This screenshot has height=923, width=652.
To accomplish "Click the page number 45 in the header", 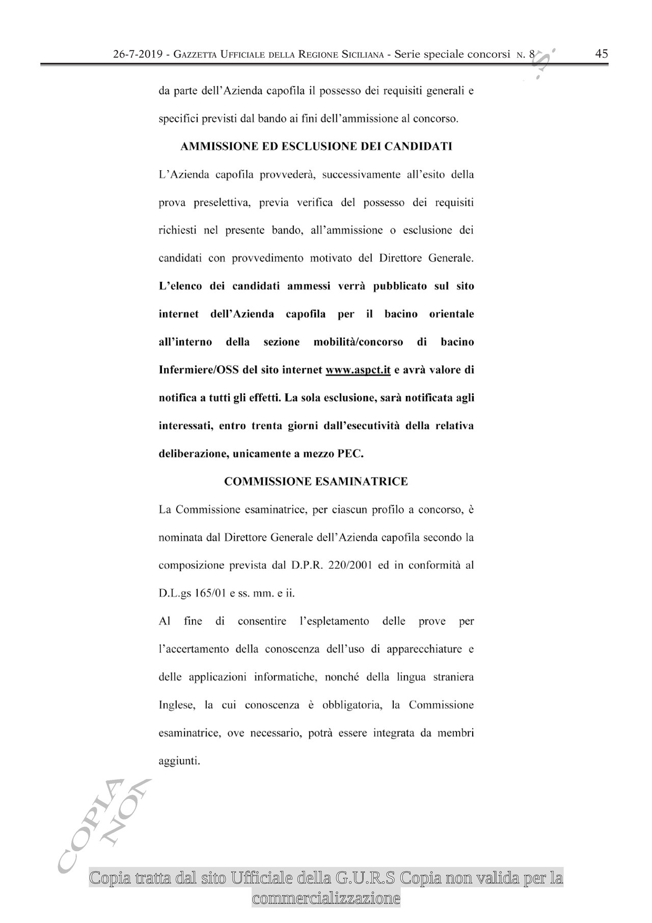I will click(602, 54).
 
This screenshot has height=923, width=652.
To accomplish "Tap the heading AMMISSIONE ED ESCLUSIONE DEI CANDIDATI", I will click(316, 147).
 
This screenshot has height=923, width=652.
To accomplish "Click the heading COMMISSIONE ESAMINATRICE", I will click(316, 482).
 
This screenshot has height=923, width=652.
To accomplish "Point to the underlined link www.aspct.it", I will click(358, 370).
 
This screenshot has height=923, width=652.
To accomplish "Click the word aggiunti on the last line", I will click(179, 761).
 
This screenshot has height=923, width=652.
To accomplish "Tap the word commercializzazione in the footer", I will click(326, 898).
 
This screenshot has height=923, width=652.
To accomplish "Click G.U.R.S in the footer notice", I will click(366, 879).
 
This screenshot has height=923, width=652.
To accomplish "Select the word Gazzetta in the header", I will click(195, 55).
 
